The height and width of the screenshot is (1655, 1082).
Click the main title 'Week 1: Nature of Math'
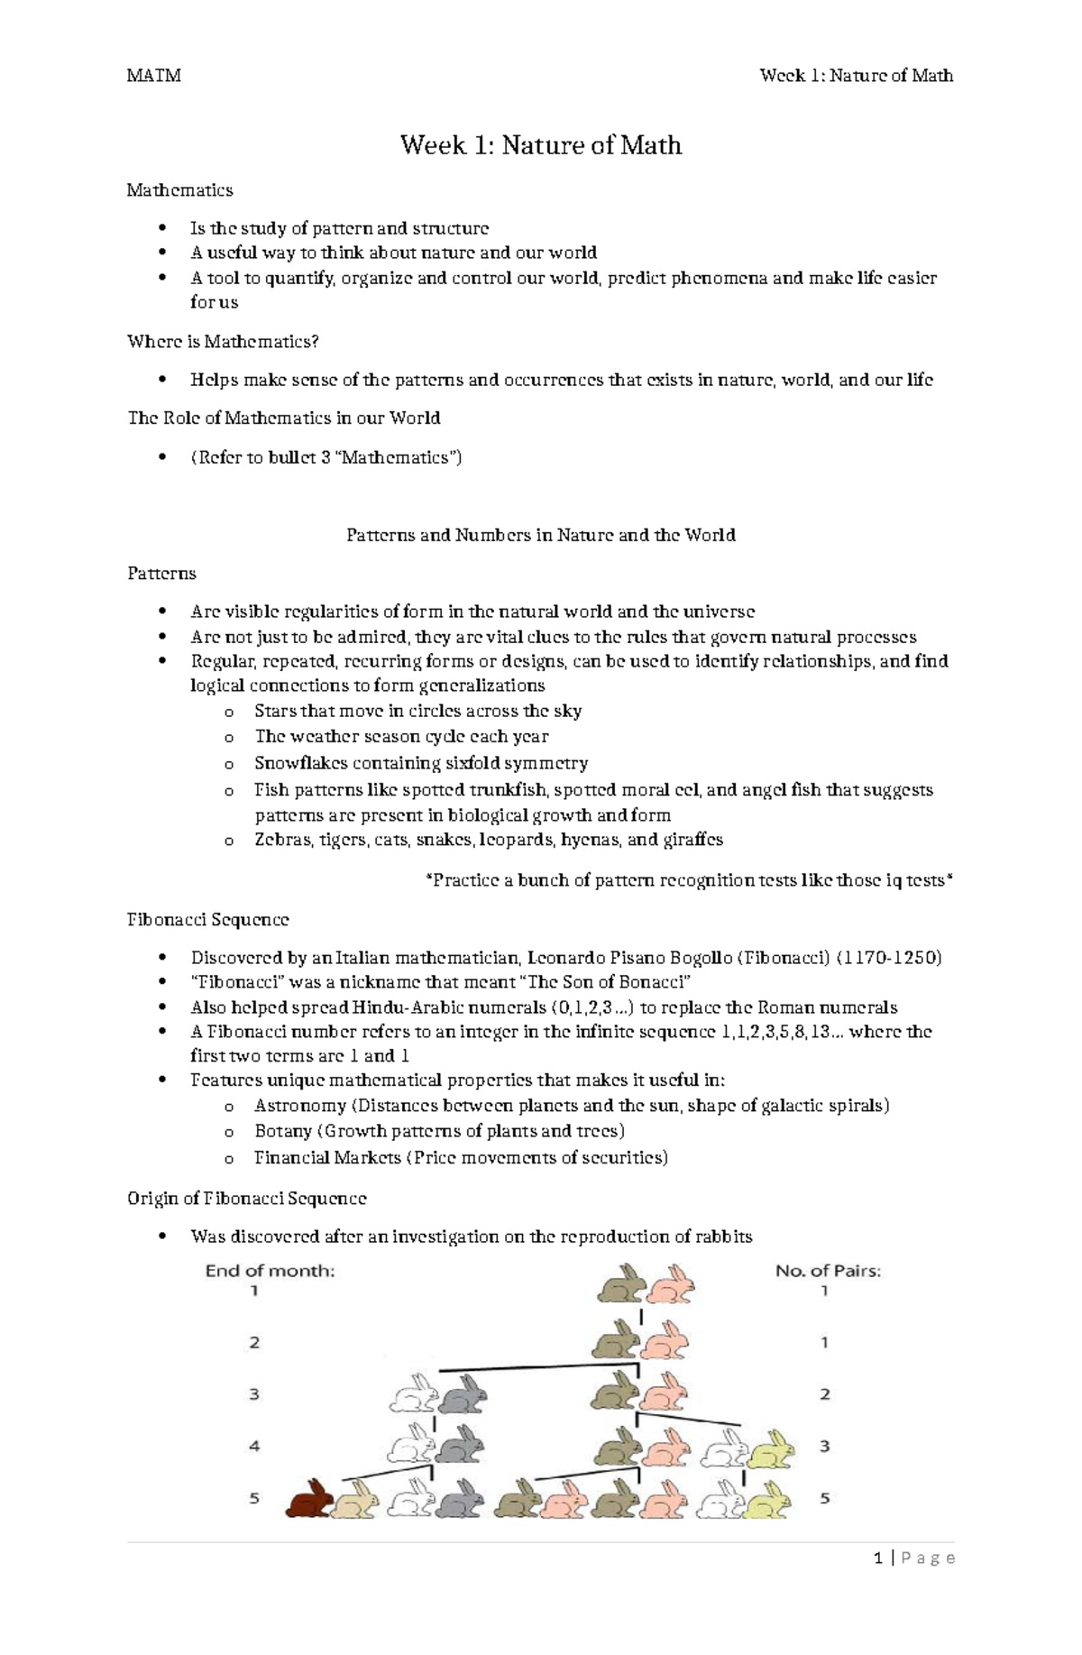[x=541, y=145]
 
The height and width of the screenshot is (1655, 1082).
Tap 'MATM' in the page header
[x=154, y=76]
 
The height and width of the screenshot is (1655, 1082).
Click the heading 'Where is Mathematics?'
[x=223, y=342]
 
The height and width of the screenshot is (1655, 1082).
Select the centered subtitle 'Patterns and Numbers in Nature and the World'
[x=541, y=535]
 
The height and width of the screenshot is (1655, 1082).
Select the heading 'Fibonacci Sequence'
[x=208, y=920]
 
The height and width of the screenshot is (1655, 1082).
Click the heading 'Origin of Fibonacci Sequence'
[x=247, y=1199]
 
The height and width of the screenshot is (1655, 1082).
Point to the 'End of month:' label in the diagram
[x=270, y=1271]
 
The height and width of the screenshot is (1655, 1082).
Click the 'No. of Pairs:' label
[x=828, y=1271]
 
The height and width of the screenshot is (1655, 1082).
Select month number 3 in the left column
[x=254, y=1394]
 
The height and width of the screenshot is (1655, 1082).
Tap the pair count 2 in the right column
[x=824, y=1394]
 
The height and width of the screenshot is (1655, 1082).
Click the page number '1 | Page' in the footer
[x=914, y=1558]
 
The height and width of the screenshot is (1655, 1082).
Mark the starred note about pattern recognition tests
[x=689, y=880]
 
